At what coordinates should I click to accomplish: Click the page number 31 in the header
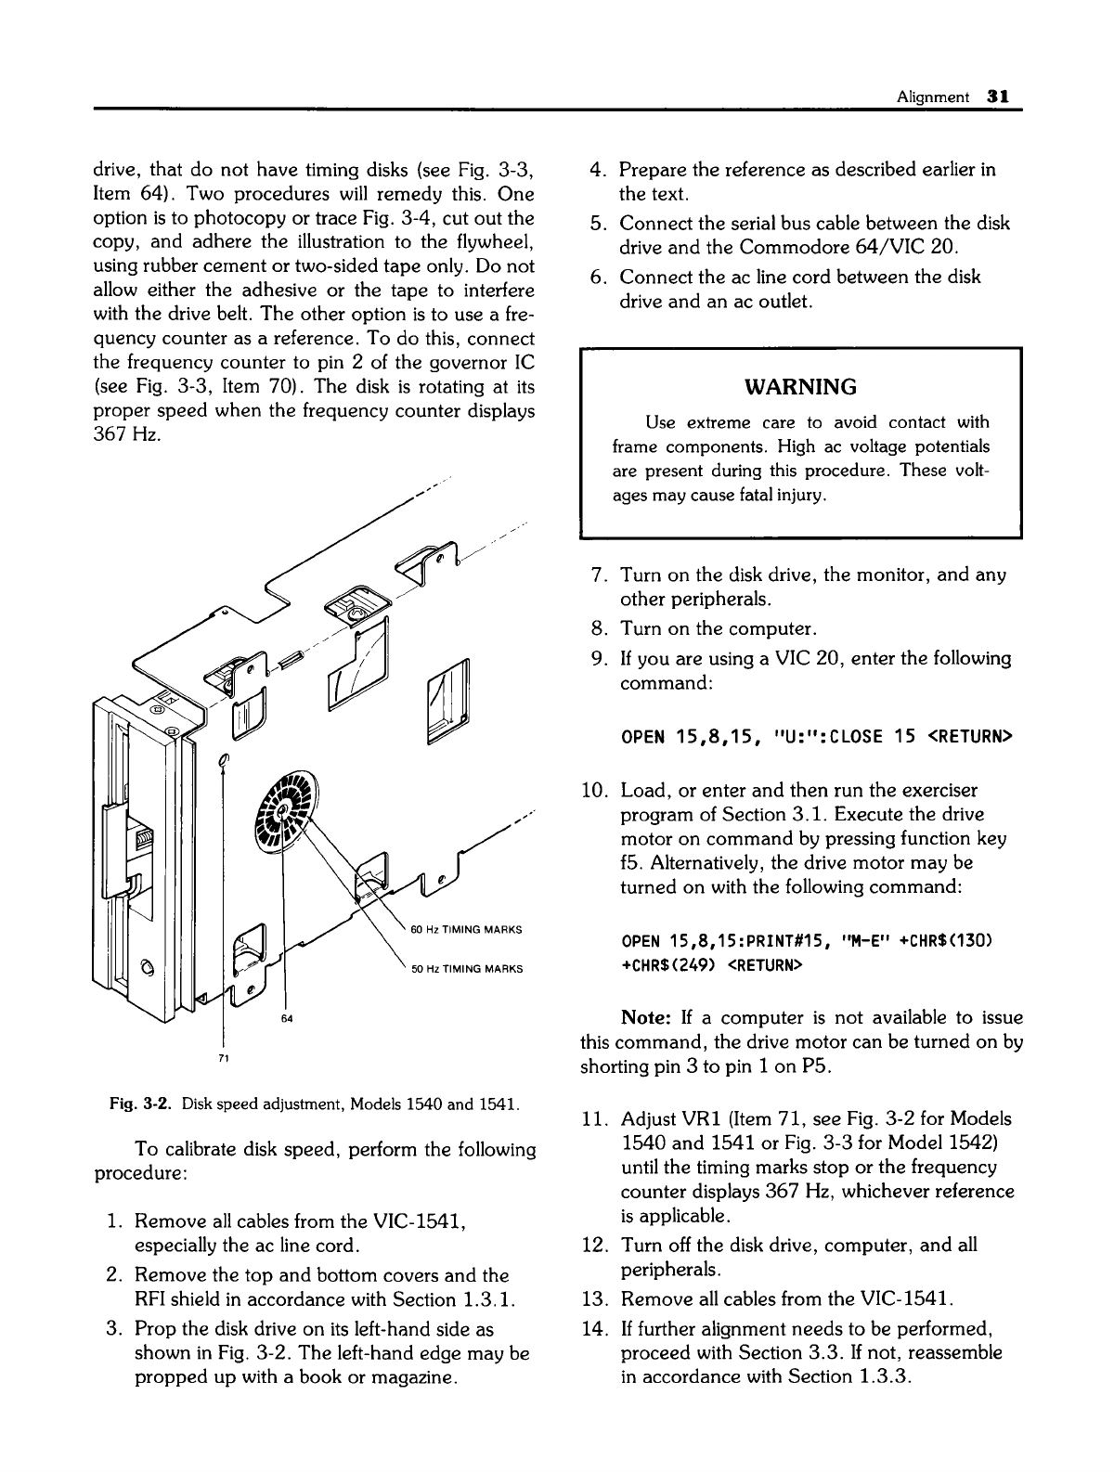[x=998, y=96]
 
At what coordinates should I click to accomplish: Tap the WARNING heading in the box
[x=800, y=385]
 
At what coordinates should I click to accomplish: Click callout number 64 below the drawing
[x=287, y=1019]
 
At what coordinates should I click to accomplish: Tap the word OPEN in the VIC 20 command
[x=642, y=737]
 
